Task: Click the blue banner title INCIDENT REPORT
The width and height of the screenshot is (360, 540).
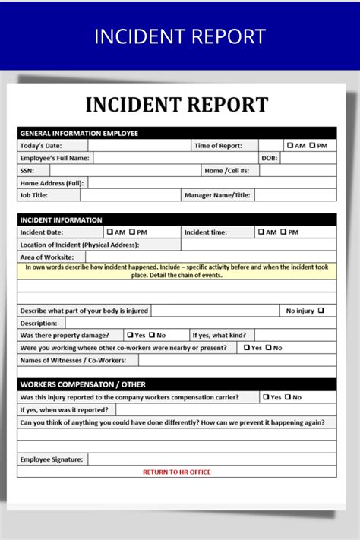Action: (180, 36)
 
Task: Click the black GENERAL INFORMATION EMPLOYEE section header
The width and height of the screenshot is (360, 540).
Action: (79, 133)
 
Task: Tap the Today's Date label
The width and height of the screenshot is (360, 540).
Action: (41, 146)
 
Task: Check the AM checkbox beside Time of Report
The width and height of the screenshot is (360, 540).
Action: (290, 145)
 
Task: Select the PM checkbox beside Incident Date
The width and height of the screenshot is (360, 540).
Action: (132, 232)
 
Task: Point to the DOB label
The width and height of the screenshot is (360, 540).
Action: (269, 158)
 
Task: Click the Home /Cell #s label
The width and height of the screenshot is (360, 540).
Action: (232, 171)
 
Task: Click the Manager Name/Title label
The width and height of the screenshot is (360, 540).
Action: (217, 195)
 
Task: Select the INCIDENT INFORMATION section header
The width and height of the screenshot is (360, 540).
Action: (61, 220)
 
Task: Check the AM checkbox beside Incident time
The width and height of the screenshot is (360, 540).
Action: (261, 232)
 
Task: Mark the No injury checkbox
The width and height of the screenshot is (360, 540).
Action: (321, 310)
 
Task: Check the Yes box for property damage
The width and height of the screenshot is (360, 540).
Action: (130, 335)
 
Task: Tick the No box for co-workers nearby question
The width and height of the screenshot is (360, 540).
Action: (269, 348)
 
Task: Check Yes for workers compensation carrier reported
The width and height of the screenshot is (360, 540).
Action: (266, 397)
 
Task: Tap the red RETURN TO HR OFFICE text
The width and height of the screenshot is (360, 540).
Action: (177, 472)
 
